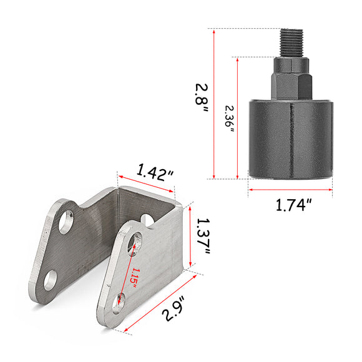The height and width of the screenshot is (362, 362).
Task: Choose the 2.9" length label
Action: [x=174, y=308]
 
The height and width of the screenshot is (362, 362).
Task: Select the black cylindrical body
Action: [x=291, y=138]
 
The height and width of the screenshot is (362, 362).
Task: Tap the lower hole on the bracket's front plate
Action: [x=119, y=301]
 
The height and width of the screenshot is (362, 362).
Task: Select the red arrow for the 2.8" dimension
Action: [x=214, y=103]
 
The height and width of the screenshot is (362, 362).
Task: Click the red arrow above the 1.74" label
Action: [x=291, y=188]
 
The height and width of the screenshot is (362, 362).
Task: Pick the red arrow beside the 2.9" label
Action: [x=161, y=303]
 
